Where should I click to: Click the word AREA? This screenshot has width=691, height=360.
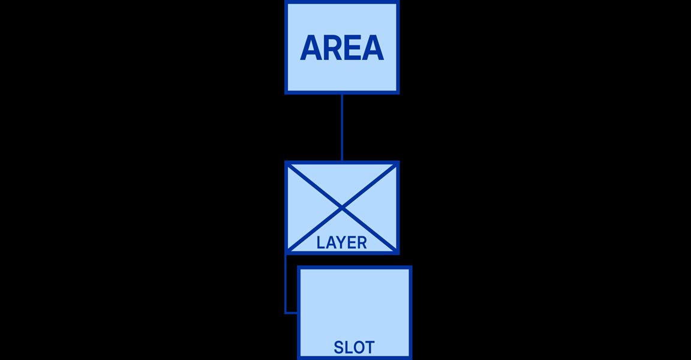coord(342,47)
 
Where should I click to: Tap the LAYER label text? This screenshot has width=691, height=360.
coord(341,242)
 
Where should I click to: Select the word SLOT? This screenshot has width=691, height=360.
coord(354,347)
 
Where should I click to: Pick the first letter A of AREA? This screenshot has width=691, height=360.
coord(310,47)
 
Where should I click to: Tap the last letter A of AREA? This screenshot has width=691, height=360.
coord(373,47)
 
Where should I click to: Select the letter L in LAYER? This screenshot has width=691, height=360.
coord(321,242)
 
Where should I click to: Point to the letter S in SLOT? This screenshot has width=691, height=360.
coord(338,347)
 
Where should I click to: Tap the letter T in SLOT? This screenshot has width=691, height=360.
coord(369,347)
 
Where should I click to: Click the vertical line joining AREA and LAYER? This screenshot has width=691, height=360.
coord(342,127)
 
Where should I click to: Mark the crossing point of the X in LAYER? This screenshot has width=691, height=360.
coord(342,208)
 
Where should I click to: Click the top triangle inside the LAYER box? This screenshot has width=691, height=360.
coord(342,181)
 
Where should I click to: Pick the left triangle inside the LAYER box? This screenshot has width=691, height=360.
coord(304,208)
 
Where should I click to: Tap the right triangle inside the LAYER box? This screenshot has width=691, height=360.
coord(380,208)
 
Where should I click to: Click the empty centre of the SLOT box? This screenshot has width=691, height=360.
coord(354,304)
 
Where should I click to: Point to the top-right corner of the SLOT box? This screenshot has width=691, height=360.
coord(411,266)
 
